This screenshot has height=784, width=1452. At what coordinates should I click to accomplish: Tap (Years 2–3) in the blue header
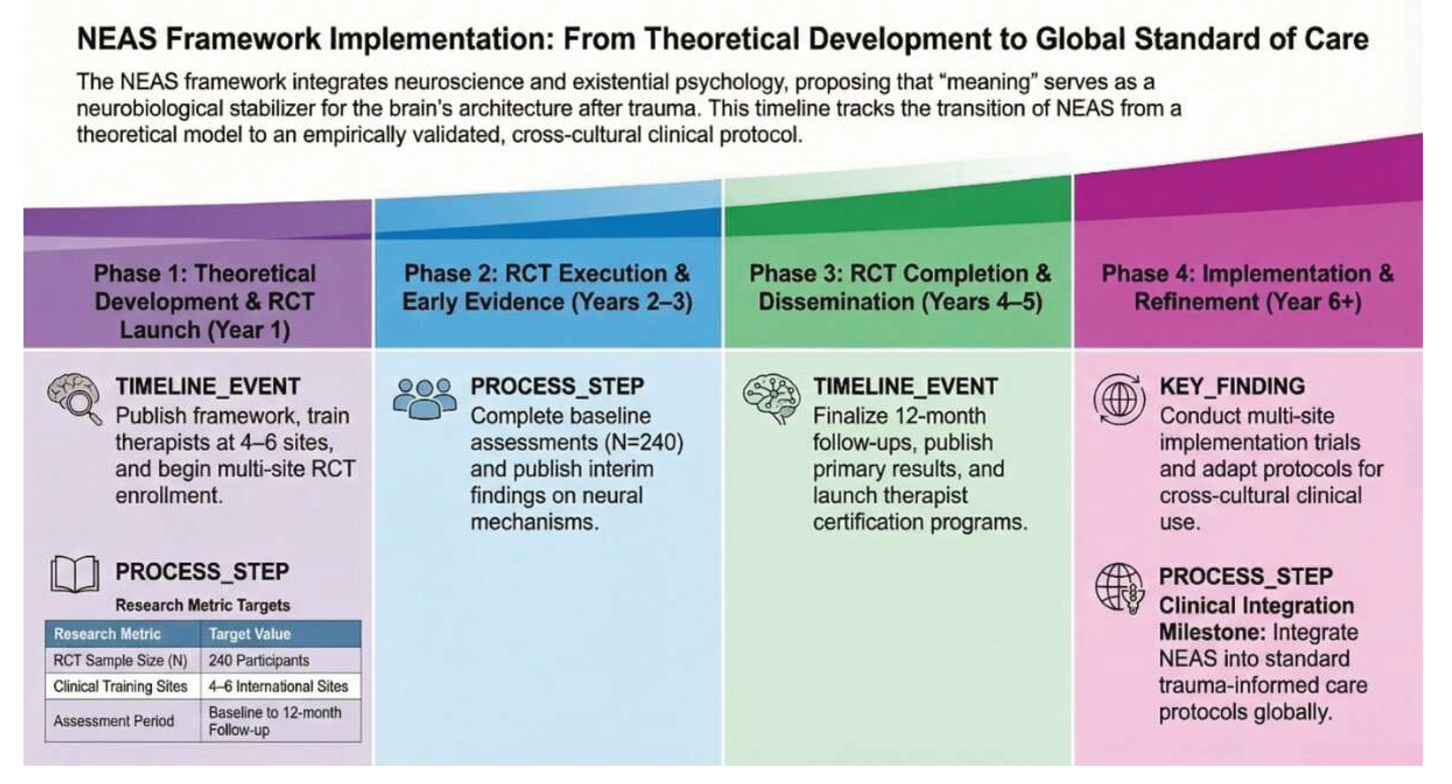(631, 302)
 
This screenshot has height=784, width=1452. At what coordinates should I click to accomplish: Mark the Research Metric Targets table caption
(203, 605)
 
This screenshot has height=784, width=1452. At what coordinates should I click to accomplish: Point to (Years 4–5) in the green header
(982, 302)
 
